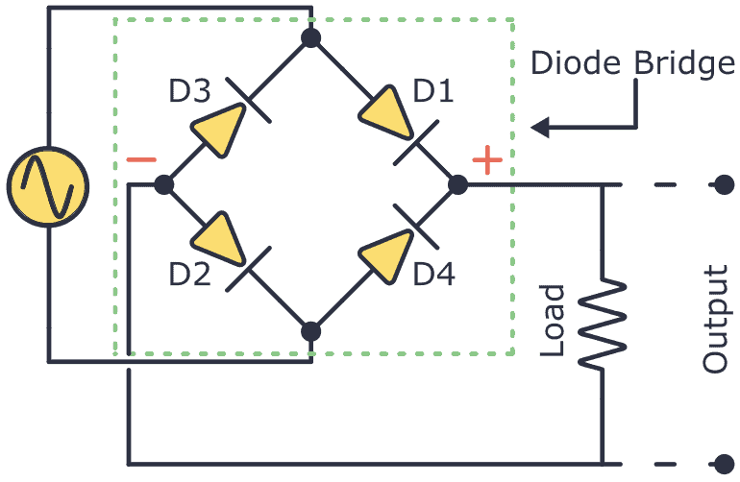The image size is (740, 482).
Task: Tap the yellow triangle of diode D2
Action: tap(216, 236)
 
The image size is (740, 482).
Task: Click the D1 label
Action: tap(433, 93)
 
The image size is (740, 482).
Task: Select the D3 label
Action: tap(190, 93)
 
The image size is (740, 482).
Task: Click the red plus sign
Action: tap(488, 160)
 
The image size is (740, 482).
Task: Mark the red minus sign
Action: tap(141, 159)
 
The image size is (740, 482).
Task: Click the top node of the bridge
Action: tap(310, 38)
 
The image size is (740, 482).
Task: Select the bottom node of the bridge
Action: tap(310, 331)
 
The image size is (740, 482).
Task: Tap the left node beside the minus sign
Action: tap(164, 184)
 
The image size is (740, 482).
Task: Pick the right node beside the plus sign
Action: tap(458, 184)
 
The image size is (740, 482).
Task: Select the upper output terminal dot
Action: tap(724, 184)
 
